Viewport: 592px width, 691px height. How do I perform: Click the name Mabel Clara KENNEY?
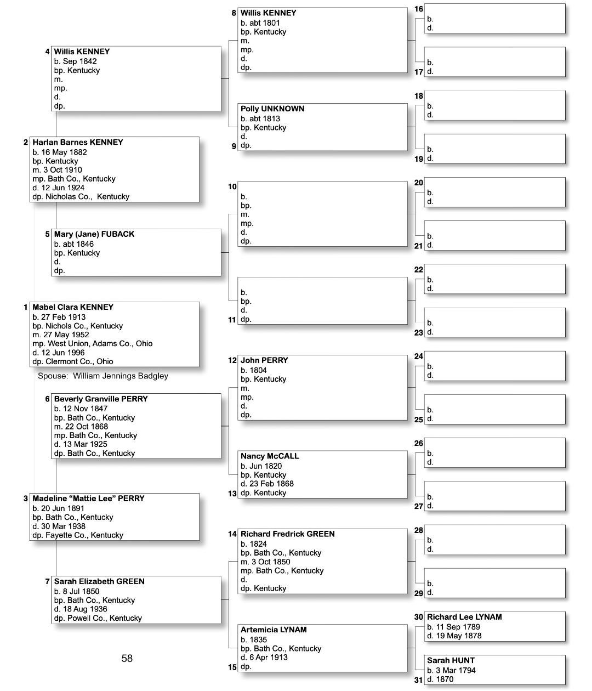(73, 307)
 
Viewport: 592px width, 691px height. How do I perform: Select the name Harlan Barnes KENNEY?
(78, 142)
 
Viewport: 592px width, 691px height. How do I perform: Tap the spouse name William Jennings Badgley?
(121, 376)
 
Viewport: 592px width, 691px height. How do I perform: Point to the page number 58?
(127, 658)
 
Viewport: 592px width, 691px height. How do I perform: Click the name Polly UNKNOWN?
(272, 109)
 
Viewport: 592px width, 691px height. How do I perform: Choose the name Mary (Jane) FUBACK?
(94, 234)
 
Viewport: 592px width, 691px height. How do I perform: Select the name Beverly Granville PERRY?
(101, 399)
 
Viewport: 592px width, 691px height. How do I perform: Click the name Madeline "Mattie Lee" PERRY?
(88, 499)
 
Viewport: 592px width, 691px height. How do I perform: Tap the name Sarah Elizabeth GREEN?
(99, 581)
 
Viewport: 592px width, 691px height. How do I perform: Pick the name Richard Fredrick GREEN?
(288, 534)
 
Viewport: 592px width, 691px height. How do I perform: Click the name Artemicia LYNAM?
(274, 630)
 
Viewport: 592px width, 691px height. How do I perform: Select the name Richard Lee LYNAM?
(464, 617)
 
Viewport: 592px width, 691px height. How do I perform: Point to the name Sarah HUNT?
(451, 660)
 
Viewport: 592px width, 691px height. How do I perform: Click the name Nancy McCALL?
(270, 456)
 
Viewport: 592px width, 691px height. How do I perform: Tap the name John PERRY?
(264, 360)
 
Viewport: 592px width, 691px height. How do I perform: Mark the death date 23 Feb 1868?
(270, 484)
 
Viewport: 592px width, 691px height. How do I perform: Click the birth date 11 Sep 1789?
(457, 627)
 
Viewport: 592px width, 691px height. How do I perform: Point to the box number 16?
(419, 9)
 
